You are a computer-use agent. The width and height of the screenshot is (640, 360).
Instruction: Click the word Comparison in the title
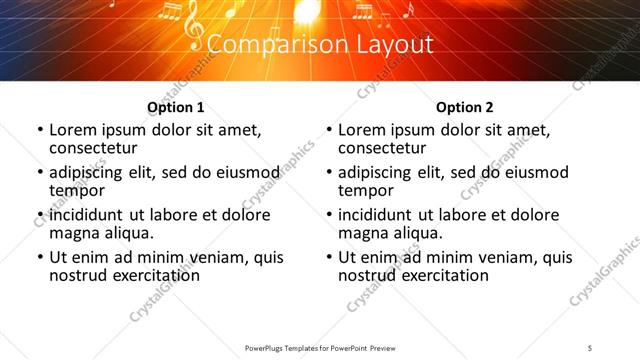263,45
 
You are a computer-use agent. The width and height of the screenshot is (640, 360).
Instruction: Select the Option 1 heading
176,107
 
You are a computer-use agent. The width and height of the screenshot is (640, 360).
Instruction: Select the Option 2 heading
465,107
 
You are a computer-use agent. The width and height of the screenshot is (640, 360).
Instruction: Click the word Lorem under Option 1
72,130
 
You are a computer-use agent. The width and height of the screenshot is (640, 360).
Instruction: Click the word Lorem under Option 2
361,130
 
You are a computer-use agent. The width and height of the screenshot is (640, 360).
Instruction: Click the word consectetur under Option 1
92,148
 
